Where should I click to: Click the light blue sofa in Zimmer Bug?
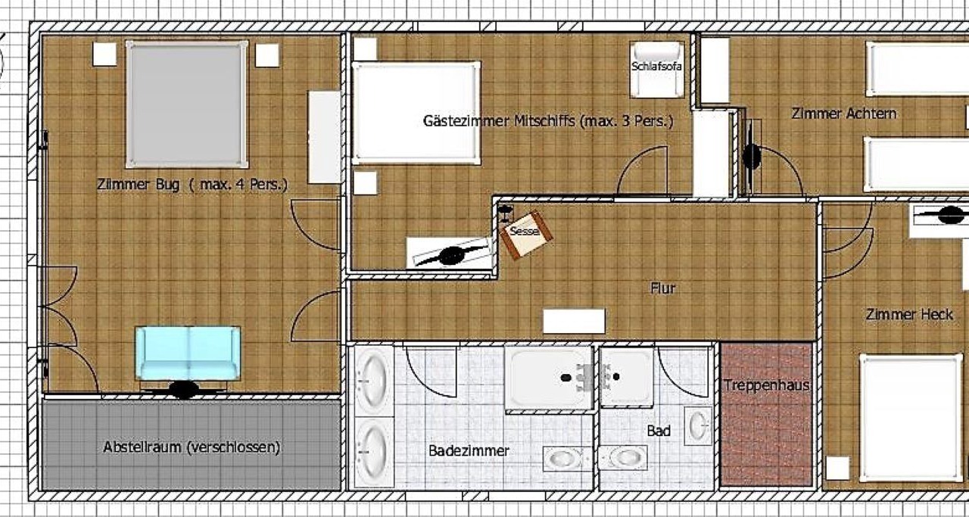point(188,353)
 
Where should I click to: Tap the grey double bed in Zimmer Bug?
point(187,104)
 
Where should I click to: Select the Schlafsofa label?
point(656,66)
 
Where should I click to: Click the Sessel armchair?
point(526,235)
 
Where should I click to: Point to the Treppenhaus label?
point(766,385)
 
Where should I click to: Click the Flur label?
point(662,288)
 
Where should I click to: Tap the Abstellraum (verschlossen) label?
point(192,447)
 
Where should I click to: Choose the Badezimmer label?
point(469,451)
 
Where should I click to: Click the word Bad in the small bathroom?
point(659,431)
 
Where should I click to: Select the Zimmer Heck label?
point(909,315)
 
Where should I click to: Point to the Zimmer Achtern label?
point(843,114)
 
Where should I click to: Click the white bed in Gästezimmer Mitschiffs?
point(416,113)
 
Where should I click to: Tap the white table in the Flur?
point(574,321)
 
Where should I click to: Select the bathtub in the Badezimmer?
point(549,377)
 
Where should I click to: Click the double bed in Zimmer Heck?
point(911,418)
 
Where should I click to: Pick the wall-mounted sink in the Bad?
point(697,425)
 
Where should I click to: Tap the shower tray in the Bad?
point(626,377)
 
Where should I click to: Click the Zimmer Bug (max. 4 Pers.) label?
point(192,184)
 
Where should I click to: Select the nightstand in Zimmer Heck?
point(837,468)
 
